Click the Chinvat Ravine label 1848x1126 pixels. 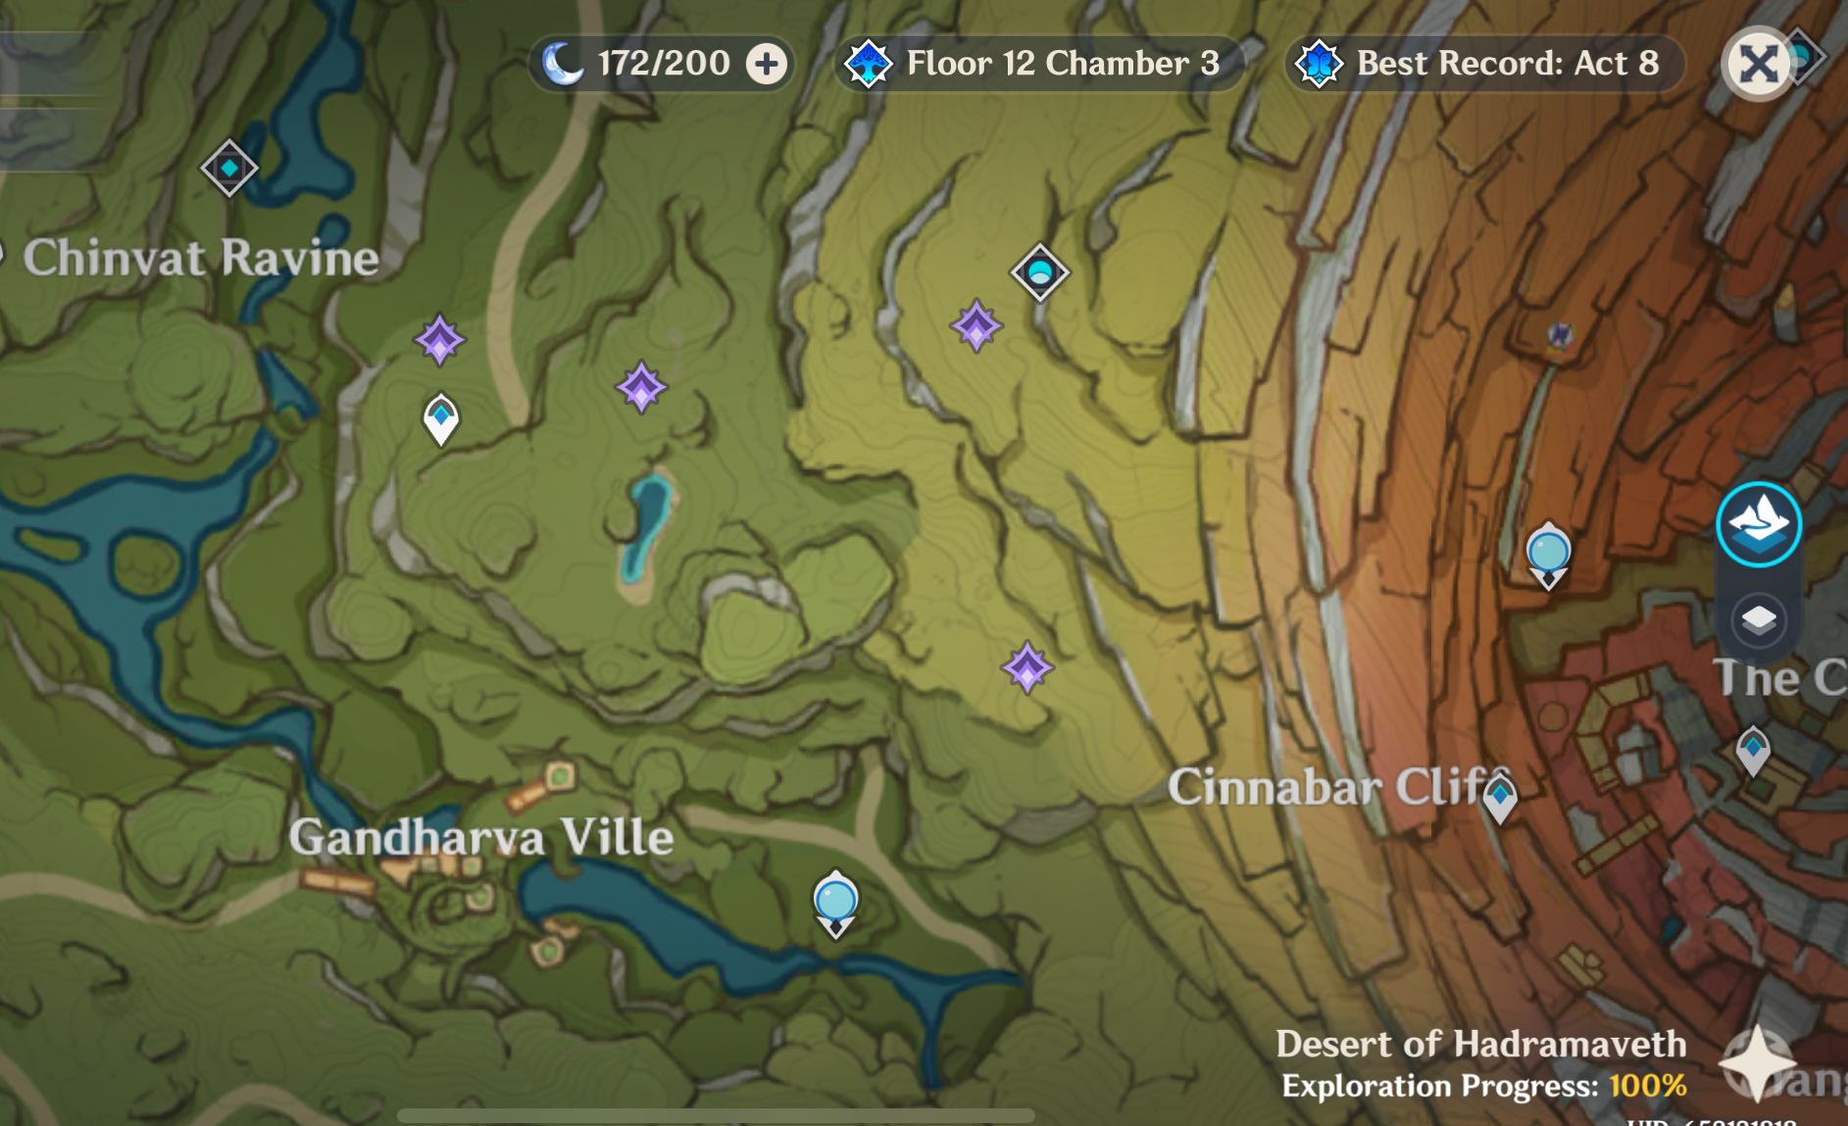[201, 259]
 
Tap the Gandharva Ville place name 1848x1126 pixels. [481, 838]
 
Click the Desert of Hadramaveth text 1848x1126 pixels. [1480, 1045]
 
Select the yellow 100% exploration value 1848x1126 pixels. [1647, 1086]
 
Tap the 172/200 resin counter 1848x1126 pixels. [664, 64]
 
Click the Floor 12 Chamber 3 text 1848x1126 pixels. [1063, 64]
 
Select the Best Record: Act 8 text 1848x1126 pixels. [1507, 64]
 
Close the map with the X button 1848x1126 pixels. [1758, 65]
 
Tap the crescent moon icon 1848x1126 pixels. [563, 64]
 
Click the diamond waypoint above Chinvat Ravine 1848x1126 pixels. [229, 169]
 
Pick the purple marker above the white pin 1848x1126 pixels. [439, 340]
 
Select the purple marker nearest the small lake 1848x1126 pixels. [641, 387]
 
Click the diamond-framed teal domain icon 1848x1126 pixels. [1039, 271]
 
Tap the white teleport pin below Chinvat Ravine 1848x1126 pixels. [441, 418]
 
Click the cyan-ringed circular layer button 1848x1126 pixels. [1759, 524]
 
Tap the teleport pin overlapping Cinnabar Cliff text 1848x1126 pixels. [1500, 797]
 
